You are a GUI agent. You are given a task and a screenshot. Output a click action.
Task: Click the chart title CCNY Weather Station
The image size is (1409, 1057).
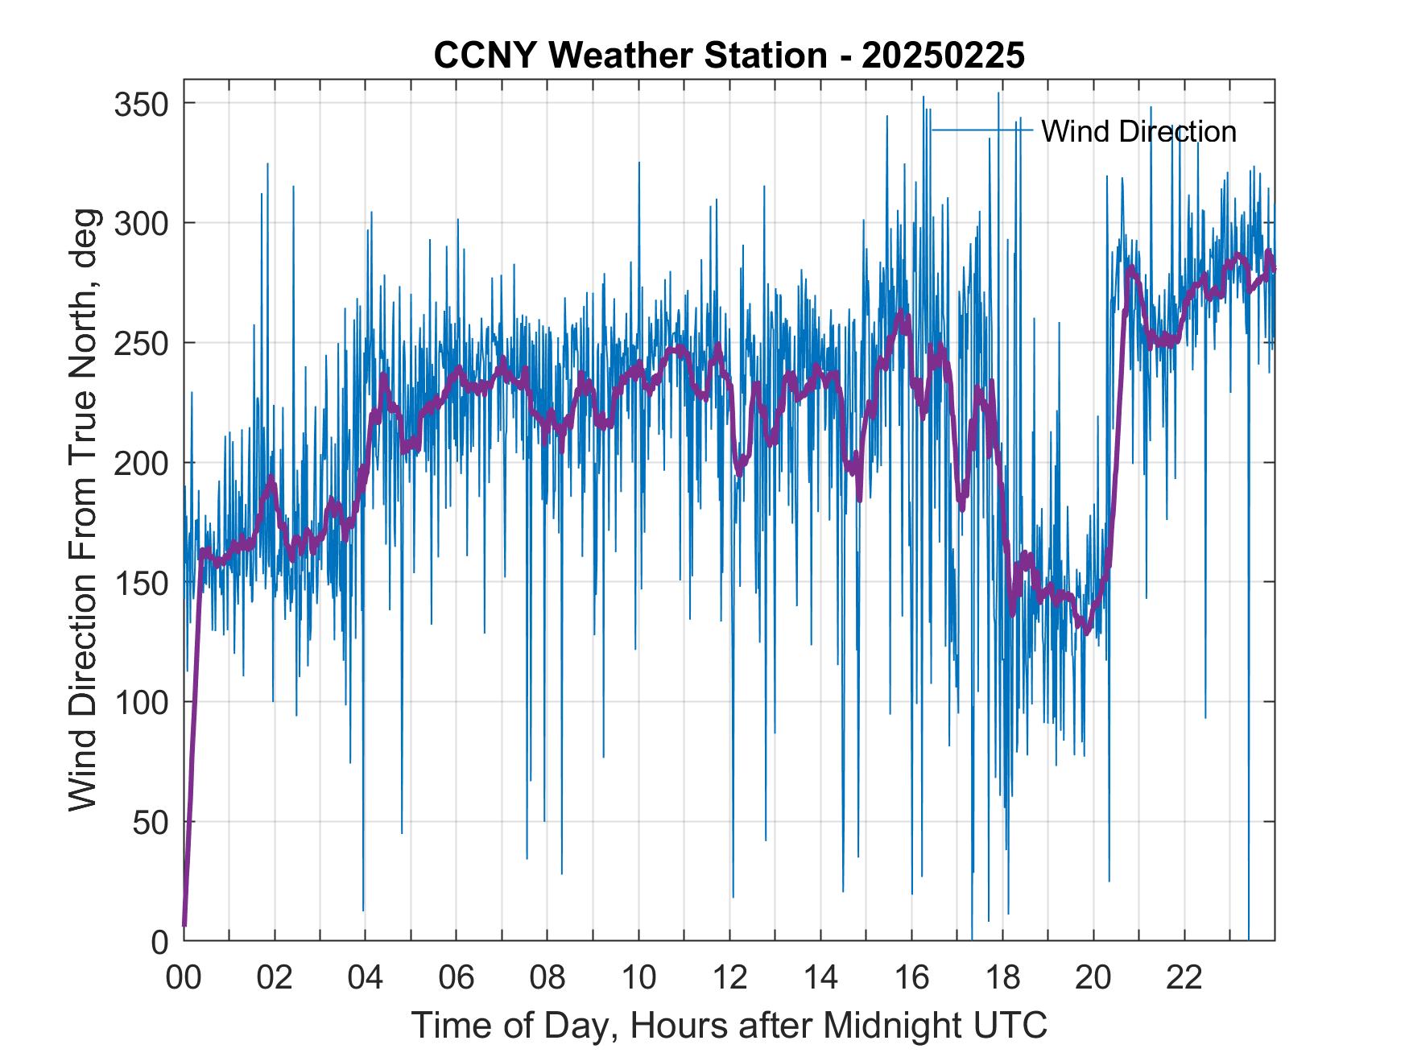coord(729,56)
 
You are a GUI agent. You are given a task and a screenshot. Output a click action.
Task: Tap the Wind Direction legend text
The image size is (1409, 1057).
coord(1138,131)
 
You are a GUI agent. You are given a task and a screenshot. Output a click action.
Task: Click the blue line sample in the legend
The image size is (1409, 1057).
coord(981,130)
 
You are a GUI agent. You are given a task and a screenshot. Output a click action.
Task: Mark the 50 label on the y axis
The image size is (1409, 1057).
coord(149,822)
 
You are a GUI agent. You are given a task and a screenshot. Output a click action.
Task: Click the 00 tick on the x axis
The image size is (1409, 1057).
coord(184,978)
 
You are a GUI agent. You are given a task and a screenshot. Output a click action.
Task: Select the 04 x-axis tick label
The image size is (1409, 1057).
coord(366,978)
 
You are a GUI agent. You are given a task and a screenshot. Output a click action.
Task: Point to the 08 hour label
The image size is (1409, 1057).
coord(547,978)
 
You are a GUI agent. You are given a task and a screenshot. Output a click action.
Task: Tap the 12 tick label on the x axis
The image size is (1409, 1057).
coord(729,978)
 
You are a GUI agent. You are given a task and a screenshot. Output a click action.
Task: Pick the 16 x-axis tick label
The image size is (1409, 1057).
coord(911,978)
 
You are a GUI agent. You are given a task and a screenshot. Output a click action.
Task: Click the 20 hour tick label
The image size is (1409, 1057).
coord(1093,978)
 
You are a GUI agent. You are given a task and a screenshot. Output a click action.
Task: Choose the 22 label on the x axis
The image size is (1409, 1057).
coord(1184,978)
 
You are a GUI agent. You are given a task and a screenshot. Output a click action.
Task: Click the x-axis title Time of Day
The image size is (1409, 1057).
coord(729,1026)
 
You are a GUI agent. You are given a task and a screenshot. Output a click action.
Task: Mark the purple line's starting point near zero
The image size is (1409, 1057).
coord(184,926)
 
